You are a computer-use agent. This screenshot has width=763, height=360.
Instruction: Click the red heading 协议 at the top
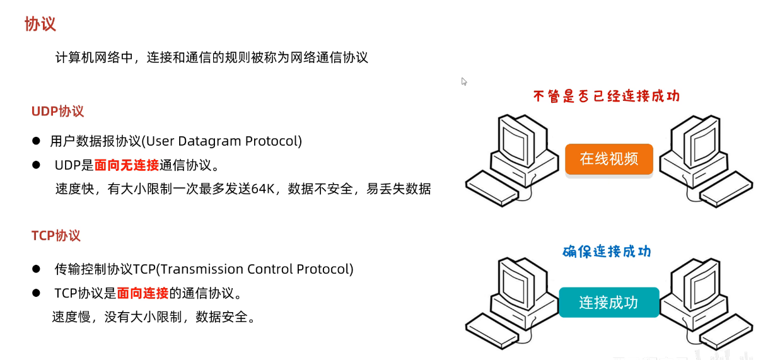40,25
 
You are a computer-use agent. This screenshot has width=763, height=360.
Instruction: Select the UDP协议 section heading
57,112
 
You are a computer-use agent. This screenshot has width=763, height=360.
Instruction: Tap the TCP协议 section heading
56,236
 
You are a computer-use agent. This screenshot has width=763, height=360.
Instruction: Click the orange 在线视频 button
609,158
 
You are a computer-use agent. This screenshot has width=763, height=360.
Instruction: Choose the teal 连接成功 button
609,302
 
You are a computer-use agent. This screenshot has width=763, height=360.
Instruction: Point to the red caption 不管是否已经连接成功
606,96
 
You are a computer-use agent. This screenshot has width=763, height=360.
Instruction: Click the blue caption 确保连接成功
607,252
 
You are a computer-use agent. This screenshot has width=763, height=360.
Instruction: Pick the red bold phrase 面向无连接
127,165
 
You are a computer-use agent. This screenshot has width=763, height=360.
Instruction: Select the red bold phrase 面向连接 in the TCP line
143,293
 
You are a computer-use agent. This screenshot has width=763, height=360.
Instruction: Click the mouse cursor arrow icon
464,81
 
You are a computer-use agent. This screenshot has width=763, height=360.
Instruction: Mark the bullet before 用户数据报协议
37,141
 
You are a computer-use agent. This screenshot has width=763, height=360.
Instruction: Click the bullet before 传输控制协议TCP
37,269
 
